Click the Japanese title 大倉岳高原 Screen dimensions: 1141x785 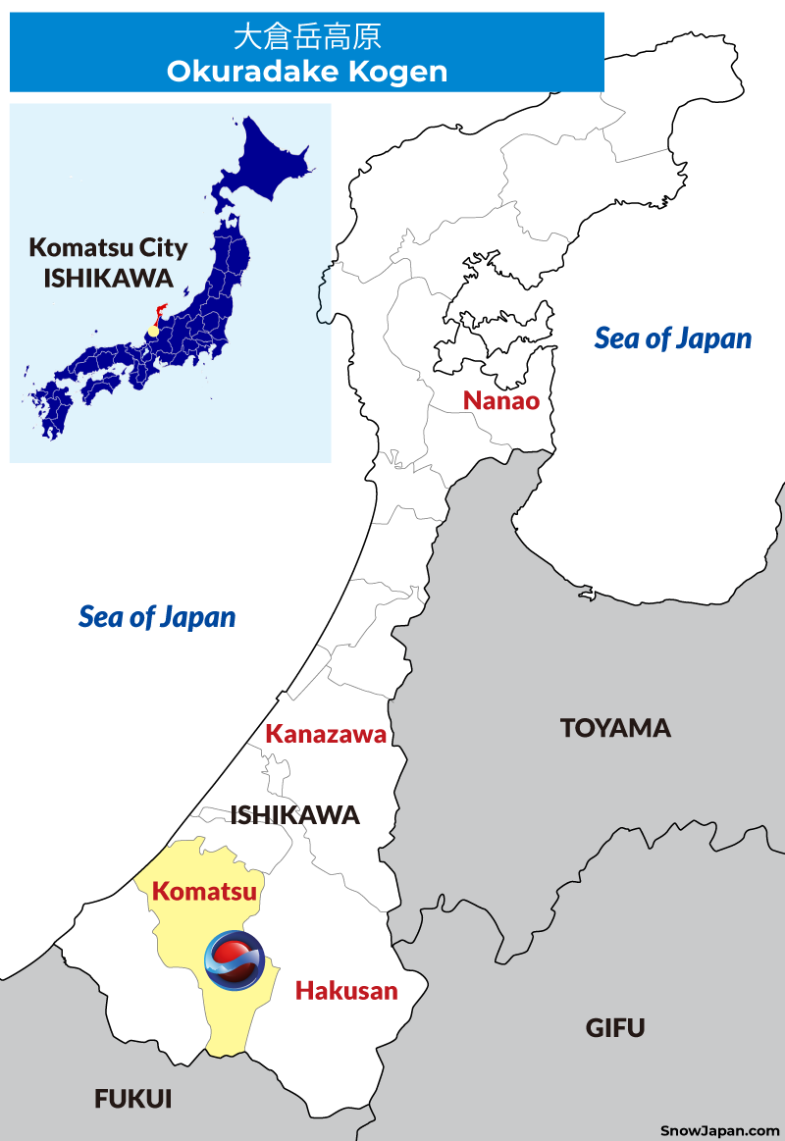click(x=306, y=37)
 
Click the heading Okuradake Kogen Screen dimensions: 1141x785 click(x=306, y=72)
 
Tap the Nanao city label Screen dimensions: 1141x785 click(x=501, y=400)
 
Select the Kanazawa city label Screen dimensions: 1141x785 click(x=326, y=734)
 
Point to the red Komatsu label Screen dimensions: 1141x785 click(x=204, y=892)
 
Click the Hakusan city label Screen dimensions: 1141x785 click(x=346, y=991)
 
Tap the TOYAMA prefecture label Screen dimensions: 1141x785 click(x=615, y=728)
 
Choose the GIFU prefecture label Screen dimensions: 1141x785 click(x=615, y=1028)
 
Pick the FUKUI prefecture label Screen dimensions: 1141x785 click(x=133, y=1100)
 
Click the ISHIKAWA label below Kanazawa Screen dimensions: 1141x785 click(x=294, y=815)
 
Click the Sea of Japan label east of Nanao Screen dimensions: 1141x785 click(x=673, y=338)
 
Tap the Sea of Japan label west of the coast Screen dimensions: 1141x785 click(x=157, y=617)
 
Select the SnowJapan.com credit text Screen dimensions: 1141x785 click(x=720, y=1130)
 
